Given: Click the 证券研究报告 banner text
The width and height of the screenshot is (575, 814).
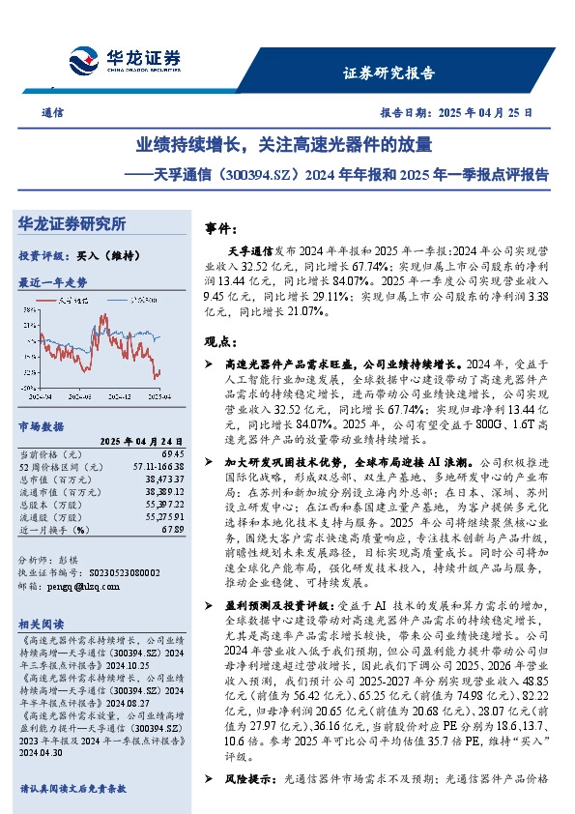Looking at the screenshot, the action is (389, 73).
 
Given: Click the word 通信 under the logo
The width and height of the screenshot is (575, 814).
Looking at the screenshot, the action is (53, 112).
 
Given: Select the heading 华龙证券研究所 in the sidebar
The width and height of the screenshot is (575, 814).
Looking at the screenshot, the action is (72, 224).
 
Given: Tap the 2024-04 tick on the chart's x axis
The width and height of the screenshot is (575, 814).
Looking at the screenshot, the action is (41, 395).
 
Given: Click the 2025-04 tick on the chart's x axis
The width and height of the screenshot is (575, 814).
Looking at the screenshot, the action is (157, 395).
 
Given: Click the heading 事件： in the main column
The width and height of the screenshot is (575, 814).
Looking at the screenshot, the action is (221, 229).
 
